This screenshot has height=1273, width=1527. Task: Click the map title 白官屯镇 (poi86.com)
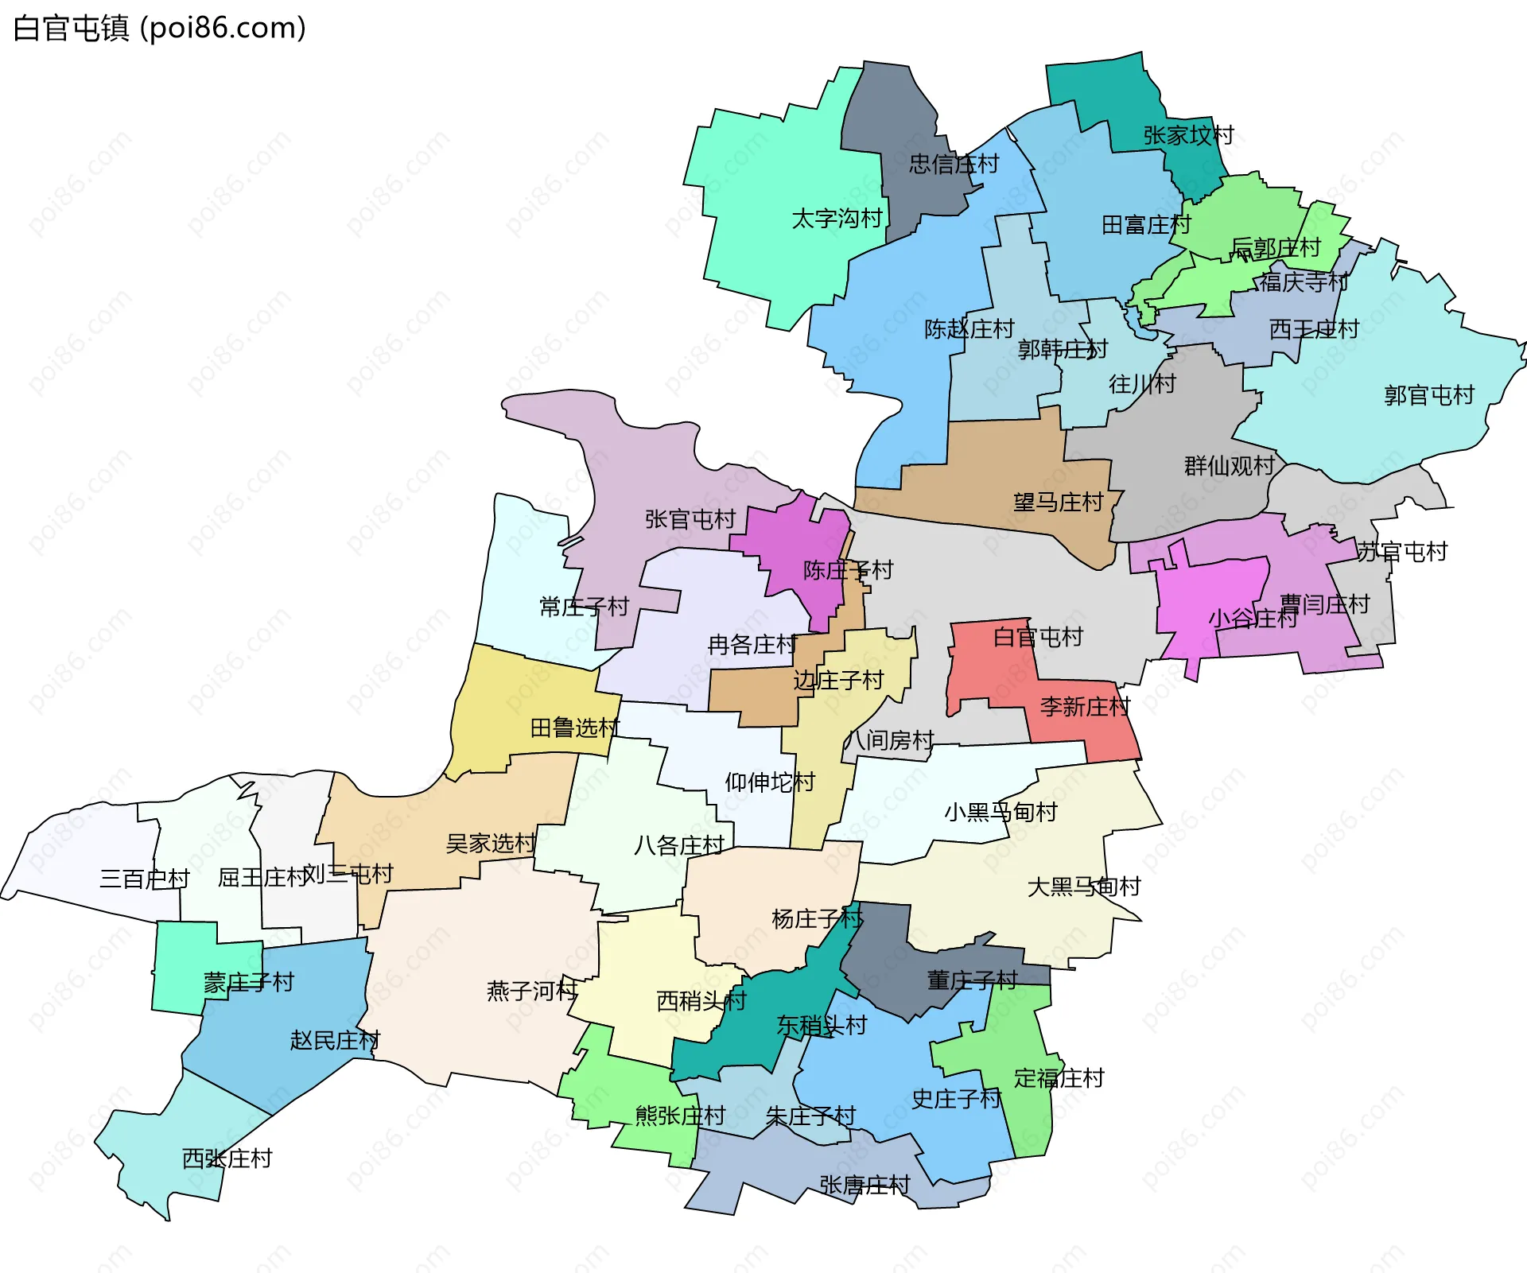(159, 29)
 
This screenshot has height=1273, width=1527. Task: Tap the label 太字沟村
(837, 219)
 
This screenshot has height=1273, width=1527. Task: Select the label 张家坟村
(1188, 135)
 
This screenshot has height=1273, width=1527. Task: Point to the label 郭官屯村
(1428, 395)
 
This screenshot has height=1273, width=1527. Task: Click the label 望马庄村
(1058, 503)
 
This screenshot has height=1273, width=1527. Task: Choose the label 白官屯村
(1037, 637)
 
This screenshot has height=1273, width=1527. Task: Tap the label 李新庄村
(1085, 706)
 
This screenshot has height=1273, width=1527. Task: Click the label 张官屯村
(690, 519)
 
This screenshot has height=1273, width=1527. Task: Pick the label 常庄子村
(584, 607)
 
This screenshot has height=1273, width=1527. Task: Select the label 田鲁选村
(574, 728)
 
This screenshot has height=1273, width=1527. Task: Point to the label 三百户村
(144, 879)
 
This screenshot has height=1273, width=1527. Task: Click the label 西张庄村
(227, 1159)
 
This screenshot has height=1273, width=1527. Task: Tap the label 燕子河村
(531, 991)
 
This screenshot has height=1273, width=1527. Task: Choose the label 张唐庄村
(865, 1186)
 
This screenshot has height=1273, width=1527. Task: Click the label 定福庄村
(1059, 1078)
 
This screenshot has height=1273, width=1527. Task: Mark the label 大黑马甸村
(1083, 887)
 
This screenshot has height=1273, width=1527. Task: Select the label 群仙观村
(1229, 466)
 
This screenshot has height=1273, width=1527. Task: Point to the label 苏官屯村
(1401, 552)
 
